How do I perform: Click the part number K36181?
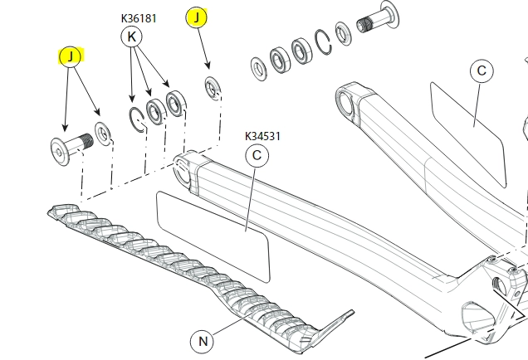pos(139,17)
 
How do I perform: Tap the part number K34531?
pos(262,136)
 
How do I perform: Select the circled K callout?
pos(132,36)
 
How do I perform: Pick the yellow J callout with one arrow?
pos(198,17)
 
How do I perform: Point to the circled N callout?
pos(202,340)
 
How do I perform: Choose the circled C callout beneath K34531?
pos(257,155)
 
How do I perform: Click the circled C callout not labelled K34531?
pos(482,71)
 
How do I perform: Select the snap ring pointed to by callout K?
pos(138,118)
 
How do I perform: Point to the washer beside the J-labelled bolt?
pos(105,133)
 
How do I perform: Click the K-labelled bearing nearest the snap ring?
pos(154,109)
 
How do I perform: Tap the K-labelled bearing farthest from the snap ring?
pos(176,103)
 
